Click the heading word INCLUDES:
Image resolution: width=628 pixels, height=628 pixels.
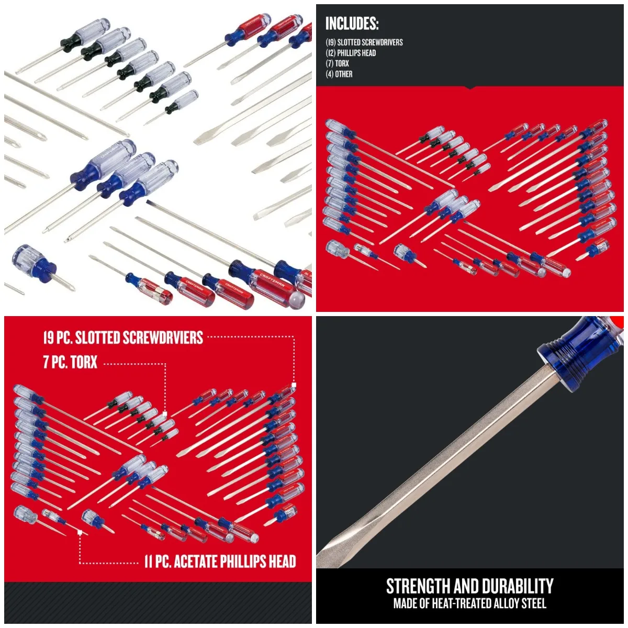coord(352,24)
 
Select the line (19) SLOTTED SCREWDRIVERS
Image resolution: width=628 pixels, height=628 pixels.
coord(364,42)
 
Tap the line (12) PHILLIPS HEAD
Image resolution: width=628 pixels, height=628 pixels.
coord(351,53)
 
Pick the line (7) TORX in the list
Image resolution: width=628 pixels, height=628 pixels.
coord(337,63)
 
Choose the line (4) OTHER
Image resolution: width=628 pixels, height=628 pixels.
coord(339,74)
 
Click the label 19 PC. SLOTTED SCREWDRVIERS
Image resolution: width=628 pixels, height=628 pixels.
coord(123,338)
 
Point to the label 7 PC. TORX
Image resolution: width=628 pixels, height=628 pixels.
coord(70,362)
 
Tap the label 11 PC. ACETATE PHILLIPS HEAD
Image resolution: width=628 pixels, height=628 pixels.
coord(220,562)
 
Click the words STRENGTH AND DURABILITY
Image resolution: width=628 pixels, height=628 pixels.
coord(469,586)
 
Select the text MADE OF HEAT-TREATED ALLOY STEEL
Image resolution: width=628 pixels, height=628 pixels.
coord(469,603)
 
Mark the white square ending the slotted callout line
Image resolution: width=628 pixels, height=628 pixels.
coord(294,385)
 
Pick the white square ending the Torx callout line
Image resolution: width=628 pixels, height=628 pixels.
coord(165,413)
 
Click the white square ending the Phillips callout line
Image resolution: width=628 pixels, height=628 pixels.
coord(80,532)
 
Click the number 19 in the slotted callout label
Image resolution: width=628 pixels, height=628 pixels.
coord(50,338)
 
